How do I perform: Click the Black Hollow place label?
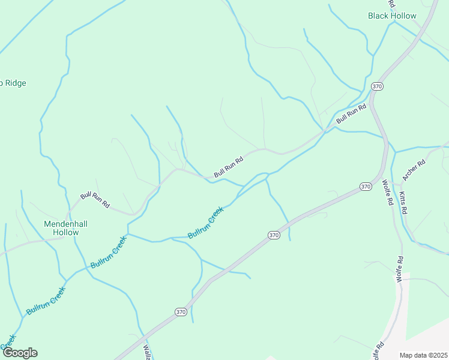point(392,16)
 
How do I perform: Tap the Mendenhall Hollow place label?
point(66,228)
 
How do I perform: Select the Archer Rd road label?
point(414,170)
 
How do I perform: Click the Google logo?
point(19,353)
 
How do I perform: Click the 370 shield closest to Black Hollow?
point(377,86)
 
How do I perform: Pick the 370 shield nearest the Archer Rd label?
point(366,187)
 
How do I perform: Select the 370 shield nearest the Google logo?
point(181,312)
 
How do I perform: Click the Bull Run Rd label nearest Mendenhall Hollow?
point(95,200)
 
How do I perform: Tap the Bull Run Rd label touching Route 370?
point(351,113)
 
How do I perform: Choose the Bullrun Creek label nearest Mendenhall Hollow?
point(109,252)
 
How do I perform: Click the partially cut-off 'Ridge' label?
point(13,83)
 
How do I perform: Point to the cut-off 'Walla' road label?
point(147,352)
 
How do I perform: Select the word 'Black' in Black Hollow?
point(379,16)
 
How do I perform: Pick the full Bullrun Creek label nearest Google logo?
point(46,300)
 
